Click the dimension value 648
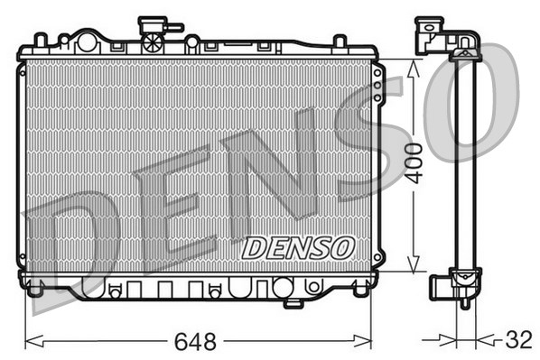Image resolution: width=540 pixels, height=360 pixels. click(196, 342)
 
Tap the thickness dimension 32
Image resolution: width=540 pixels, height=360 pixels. click(518, 341)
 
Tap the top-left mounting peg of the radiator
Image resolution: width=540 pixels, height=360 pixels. click(40, 41)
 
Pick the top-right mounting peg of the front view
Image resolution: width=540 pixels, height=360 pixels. click(340, 42)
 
